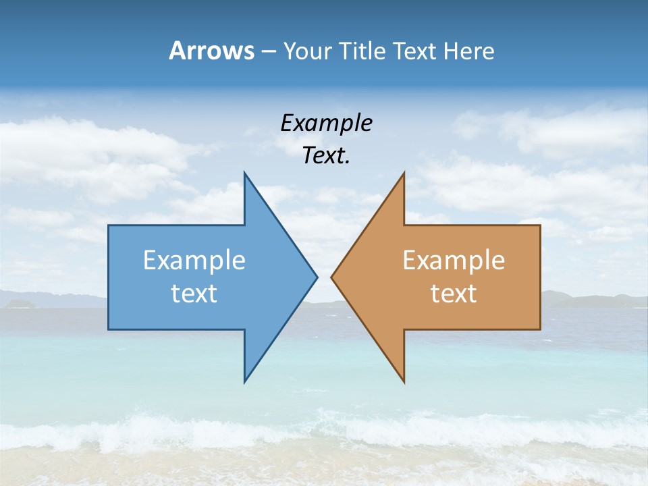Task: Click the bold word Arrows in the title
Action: point(211,51)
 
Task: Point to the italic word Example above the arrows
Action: point(326,124)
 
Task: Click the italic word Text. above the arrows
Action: point(326,156)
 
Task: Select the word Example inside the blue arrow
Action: point(194,261)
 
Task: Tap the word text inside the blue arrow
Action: point(194,293)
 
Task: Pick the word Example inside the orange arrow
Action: point(454,261)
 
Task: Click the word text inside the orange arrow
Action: point(454,293)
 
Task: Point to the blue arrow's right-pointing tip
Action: point(316,276)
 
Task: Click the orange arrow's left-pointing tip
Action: point(333,276)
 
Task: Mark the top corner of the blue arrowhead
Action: point(245,173)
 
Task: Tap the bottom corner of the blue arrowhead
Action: point(245,381)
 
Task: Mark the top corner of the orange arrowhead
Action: point(404,173)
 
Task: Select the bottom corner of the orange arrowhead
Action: point(404,381)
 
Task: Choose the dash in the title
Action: point(267,51)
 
